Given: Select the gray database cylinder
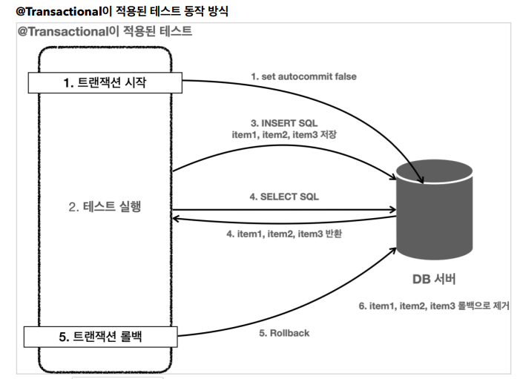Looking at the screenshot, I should coord(434,211).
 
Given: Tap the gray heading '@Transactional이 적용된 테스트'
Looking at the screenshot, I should coord(105,31).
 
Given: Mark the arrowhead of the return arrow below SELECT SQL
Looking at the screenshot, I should coord(177,218).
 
